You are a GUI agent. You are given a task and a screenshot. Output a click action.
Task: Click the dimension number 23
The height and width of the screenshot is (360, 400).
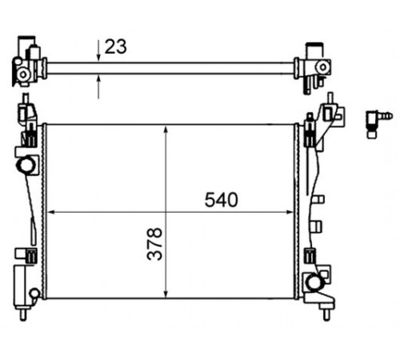click(x=115, y=46)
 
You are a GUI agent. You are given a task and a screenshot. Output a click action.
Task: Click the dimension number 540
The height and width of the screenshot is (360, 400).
click(x=221, y=200)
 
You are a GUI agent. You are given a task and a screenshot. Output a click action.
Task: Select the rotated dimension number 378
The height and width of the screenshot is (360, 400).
click(x=154, y=244)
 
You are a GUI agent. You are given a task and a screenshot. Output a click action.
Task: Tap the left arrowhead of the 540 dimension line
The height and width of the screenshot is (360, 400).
click(x=50, y=212)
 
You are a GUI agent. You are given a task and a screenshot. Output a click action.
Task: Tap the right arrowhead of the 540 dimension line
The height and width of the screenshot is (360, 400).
click(x=290, y=212)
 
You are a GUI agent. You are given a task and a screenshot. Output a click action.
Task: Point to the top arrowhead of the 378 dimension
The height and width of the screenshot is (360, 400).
click(x=166, y=130)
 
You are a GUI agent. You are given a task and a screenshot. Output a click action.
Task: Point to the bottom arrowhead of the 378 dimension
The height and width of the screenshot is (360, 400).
click(x=166, y=294)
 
